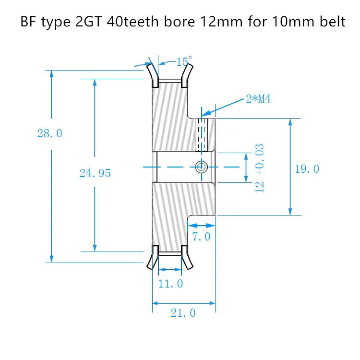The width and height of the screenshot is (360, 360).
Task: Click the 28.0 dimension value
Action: pyautogui.click(x=50, y=133)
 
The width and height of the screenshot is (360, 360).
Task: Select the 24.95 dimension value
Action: pyautogui.click(x=95, y=173)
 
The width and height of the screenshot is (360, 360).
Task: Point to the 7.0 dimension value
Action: pyautogui.click(x=201, y=237)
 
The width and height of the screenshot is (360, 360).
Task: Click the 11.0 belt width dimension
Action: pyautogui.click(x=171, y=284)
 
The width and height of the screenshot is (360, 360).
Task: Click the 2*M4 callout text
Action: pyautogui.click(x=258, y=99)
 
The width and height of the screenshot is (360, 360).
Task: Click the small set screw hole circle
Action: pyautogui.click(x=201, y=167)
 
